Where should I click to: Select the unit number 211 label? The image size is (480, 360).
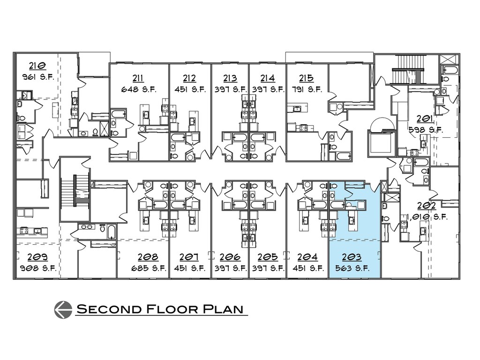pyautogui.click(x=138, y=78)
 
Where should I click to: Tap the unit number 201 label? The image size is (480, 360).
pyautogui.click(x=427, y=119)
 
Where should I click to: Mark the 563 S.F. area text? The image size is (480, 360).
pyautogui.click(x=352, y=269)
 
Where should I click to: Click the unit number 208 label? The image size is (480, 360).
pyautogui.click(x=148, y=257)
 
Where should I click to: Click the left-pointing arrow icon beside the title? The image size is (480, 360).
pyautogui.click(x=63, y=309)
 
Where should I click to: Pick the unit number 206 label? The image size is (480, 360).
pyautogui.click(x=230, y=257)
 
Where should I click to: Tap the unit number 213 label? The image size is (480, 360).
pyautogui.click(x=230, y=78)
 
